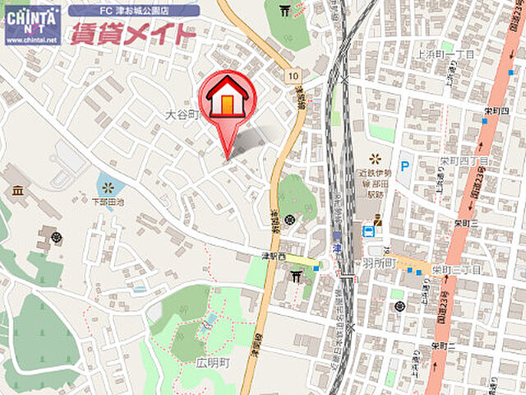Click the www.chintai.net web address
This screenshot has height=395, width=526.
coord(32,39)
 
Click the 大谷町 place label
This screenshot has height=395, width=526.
coord(182,115)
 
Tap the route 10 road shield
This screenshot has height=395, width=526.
coord(293,75)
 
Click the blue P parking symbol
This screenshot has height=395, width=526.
coord(404,166)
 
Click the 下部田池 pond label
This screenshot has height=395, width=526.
coord(108,201)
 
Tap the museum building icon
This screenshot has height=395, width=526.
coord(17,191)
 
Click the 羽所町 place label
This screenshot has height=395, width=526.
coord(379,264)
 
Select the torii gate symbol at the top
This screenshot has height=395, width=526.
coord(285,10)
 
